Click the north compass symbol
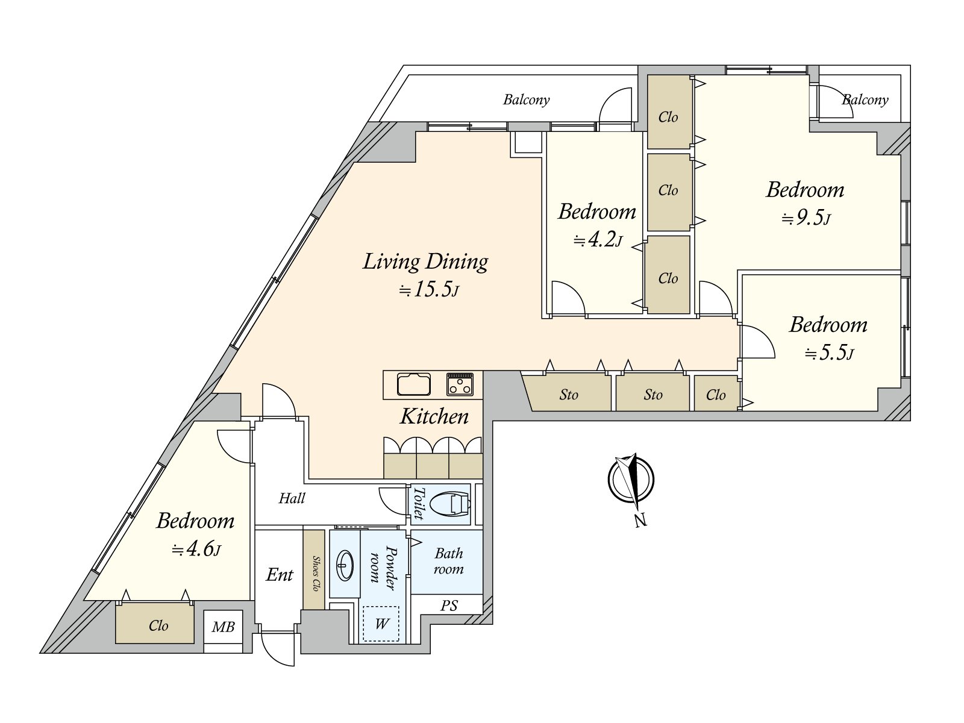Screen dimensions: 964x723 point(631,480)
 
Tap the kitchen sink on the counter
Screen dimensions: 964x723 point(413,384)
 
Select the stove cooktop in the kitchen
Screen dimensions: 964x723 point(460,384)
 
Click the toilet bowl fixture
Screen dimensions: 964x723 point(450,504)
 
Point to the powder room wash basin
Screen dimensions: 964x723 point(344,565)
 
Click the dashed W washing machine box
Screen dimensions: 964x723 point(381,624)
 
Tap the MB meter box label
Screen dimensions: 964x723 point(223,627)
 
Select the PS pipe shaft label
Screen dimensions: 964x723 point(449,606)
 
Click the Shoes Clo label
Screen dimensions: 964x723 point(315,574)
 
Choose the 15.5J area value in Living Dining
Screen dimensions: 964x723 point(428,289)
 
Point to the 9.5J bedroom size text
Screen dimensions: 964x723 point(806,218)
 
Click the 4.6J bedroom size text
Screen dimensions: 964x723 point(196,549)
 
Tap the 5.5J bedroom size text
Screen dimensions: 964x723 point(828,352)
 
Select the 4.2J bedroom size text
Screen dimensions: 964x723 point(598,240)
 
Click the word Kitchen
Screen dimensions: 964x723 point(434,416)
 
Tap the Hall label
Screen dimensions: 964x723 point(292,498)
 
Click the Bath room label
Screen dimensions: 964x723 point(448,561)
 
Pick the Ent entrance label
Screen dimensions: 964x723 point(280,575)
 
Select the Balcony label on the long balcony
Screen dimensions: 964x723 point(526,100)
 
